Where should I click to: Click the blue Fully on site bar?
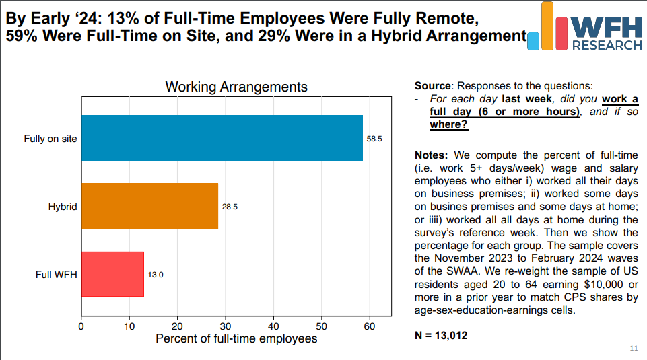point(222,138)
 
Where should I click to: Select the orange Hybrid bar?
point(149,206)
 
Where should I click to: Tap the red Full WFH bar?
point(112,274)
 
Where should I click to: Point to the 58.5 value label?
point(374,139)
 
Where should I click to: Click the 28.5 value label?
point(230,207)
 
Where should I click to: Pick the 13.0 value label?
point(156,275)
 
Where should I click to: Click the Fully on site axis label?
point(50,139)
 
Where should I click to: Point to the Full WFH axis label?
point(56,275)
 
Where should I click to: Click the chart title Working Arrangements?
point(236,87)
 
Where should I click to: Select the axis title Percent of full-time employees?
point(236,338)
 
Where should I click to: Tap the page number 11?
point(633,348)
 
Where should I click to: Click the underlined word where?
point(448,124)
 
